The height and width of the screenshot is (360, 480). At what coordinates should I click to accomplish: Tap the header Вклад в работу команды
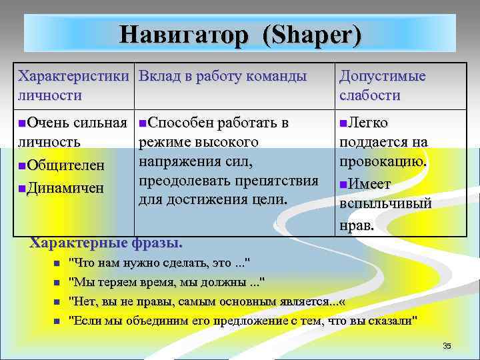point(223,76)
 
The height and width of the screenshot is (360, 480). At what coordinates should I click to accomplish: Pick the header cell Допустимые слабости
point(382,85)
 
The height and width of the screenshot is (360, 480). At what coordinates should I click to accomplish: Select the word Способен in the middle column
point(177,123)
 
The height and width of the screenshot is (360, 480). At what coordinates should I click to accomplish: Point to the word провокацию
point(383,162)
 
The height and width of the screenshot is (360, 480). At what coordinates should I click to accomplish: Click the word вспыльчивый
point(385,205)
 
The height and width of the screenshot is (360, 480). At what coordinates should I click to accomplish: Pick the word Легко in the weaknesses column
point(369,123)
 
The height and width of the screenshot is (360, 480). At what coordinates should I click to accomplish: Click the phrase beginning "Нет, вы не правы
point(207,301)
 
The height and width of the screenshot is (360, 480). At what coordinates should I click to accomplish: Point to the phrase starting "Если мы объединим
point(244,321)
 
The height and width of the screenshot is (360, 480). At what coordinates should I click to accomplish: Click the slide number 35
point(447,345)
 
